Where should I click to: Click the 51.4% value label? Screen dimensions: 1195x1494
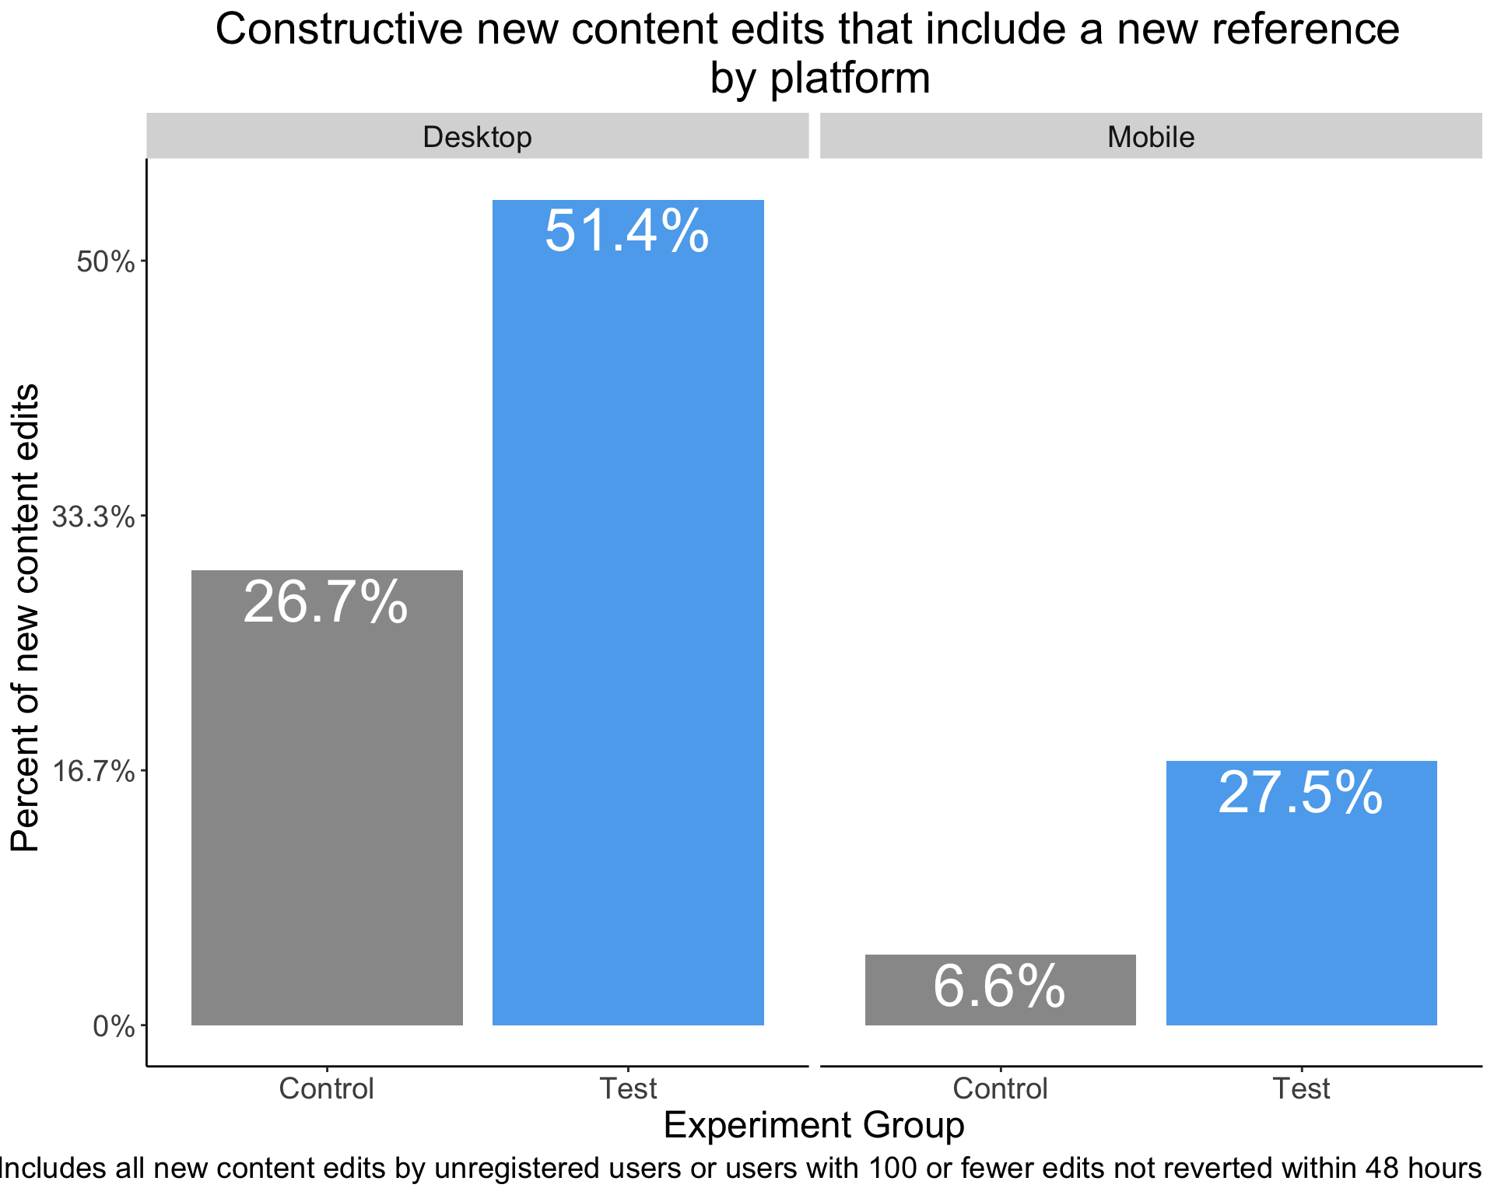point(627,231)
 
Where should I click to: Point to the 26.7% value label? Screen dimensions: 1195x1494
point(326,602)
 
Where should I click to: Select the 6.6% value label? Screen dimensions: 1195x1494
point(999,986)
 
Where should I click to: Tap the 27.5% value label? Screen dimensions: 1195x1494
point(1300,794)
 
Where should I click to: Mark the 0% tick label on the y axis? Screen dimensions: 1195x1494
point(114,1027)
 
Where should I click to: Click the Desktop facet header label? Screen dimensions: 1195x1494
point(477,137)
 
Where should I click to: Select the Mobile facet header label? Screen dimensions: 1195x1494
point(1151,137)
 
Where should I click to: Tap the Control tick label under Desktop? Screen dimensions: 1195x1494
point(327,1088)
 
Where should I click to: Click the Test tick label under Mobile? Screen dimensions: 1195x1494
point(1301,1088)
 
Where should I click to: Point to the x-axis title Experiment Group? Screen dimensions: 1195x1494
point(814,1126)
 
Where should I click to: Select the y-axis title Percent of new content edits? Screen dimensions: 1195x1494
point(25,618)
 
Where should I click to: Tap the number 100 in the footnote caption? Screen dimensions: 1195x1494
point(893,1168)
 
